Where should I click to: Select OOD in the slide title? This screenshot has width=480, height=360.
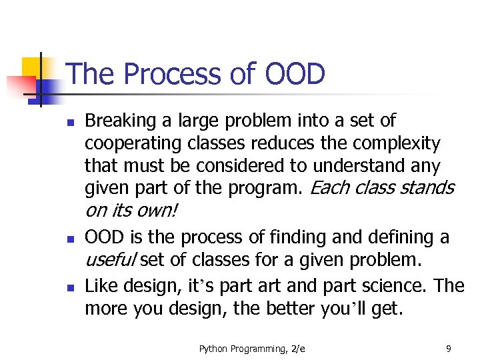[x=294, y=74]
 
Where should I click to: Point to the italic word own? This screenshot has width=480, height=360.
[x=157, y=211]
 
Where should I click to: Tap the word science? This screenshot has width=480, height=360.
[x=393, y=287]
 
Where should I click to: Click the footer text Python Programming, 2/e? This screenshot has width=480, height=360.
[x=252, y=348]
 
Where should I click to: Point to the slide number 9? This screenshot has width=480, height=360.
[x=448, y=348]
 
